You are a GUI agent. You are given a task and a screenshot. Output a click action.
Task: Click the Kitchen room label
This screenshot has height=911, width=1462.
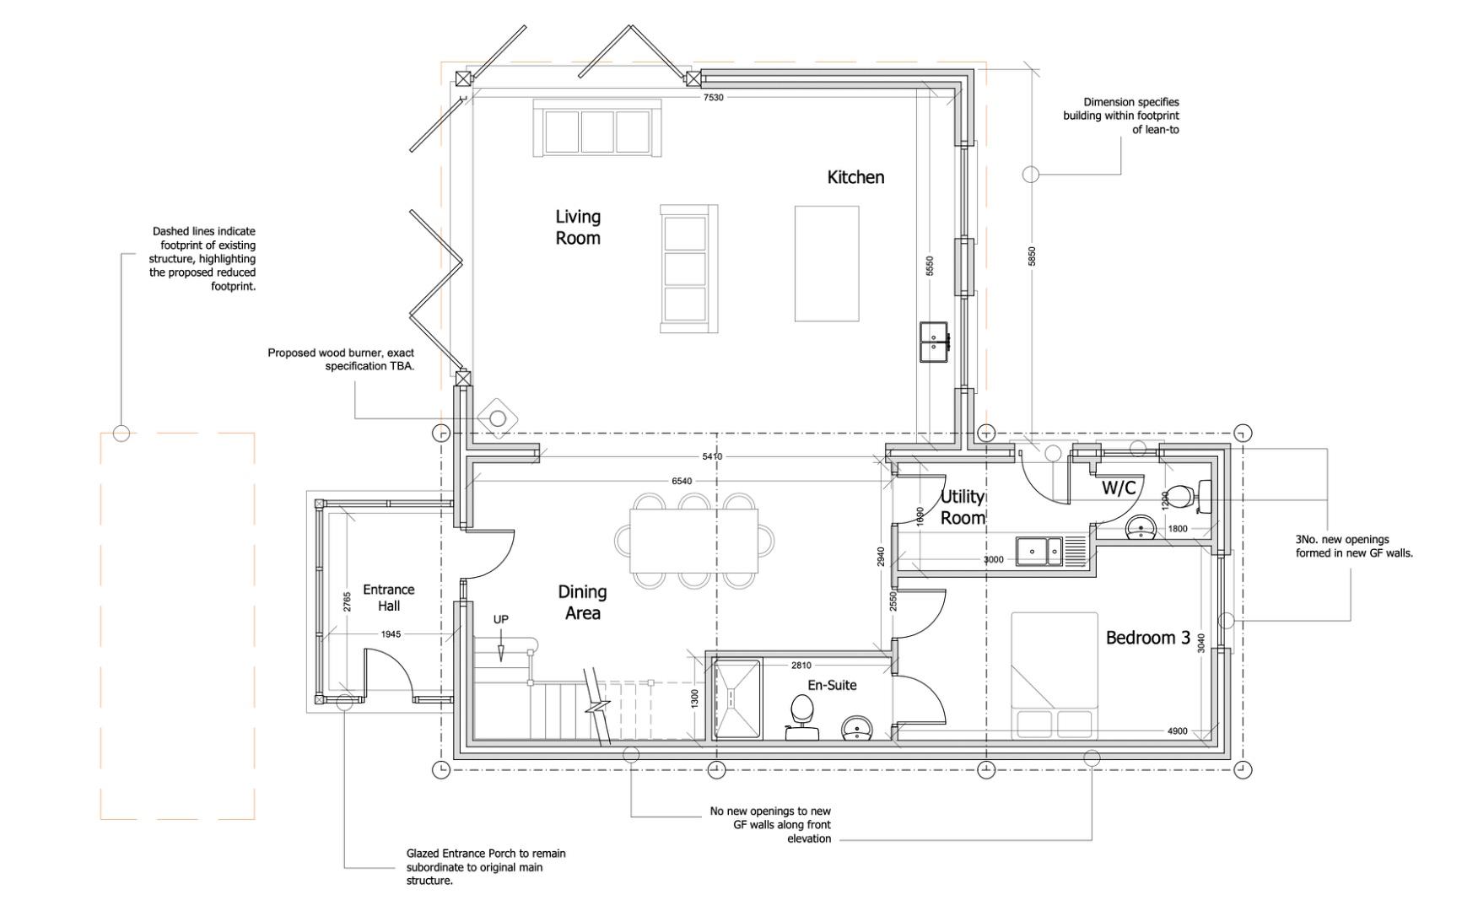855,177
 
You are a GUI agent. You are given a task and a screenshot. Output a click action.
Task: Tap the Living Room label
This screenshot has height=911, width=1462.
578,228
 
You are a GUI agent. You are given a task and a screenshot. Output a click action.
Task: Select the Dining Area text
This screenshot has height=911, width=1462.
582,602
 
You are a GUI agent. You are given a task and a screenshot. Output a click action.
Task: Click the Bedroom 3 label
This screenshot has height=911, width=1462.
1148,638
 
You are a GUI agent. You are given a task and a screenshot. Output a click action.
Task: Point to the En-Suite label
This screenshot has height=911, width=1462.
832,685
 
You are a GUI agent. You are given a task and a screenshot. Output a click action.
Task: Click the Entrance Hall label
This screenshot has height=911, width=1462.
389,597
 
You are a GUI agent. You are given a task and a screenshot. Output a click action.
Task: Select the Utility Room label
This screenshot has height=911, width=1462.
963,507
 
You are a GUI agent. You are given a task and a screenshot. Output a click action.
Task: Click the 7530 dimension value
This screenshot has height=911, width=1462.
714,97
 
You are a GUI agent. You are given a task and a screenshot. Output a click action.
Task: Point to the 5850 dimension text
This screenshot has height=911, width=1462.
1032,256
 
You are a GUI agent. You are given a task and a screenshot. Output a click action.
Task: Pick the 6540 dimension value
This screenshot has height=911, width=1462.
682,481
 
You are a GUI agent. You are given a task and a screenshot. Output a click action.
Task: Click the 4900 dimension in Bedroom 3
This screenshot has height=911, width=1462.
1178,731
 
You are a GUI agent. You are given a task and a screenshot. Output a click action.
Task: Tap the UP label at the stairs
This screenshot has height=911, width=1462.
501,619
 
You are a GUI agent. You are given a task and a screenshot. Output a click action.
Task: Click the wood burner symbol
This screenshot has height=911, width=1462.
498,418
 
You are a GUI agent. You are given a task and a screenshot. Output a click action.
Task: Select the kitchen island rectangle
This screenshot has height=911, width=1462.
827,264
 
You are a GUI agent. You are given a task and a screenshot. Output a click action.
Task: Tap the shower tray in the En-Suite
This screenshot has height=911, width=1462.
737,699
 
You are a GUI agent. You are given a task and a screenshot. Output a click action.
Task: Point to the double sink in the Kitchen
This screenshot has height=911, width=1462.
934,342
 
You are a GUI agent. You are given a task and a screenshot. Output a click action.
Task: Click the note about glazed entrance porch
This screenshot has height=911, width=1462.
486,867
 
